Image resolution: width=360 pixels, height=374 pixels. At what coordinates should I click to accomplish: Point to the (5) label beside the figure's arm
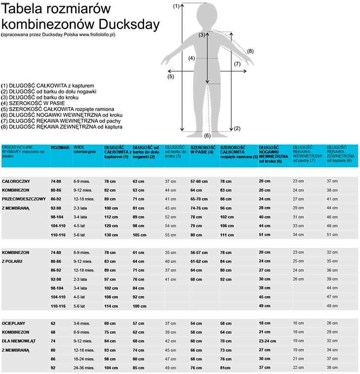pos(171,76)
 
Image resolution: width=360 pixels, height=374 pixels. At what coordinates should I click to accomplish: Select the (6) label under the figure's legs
pos(207,136)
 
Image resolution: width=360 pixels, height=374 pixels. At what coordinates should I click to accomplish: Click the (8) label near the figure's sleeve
pos(250,51)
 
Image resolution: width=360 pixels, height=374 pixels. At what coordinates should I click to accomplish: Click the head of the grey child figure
pos(207,13)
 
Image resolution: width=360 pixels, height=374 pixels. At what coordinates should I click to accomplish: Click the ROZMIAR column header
pos(60,148)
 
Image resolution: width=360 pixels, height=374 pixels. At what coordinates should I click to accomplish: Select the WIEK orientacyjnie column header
pos(85,150)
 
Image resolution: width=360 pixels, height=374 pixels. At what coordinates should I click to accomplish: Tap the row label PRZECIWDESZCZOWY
pos(24,199)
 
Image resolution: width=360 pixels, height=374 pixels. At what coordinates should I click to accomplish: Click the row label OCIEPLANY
pos(15,323)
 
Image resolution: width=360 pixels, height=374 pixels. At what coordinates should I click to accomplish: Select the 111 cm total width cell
pos(227,234)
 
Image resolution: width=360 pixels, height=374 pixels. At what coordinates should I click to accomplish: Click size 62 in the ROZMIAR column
pos(53,323)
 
